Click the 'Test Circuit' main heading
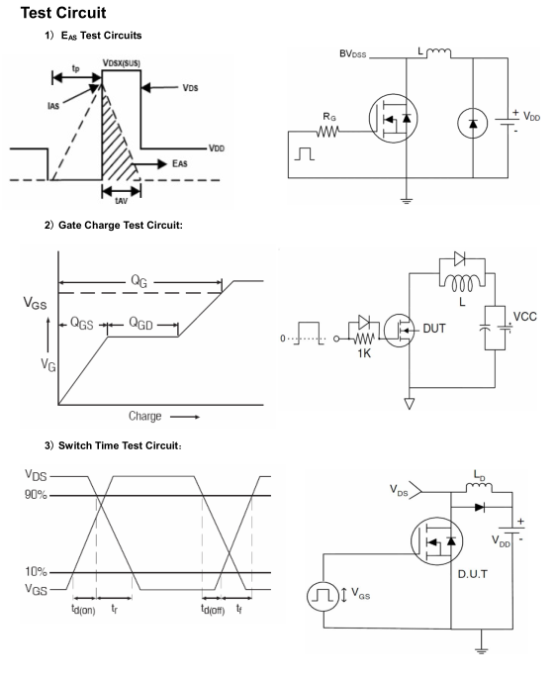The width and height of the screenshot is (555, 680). tap(63, 13)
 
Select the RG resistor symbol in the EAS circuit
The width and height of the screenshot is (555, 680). tap(327, 131)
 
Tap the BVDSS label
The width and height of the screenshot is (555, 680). tap(353, 54)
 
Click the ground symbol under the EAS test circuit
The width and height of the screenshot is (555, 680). tap(407, 200)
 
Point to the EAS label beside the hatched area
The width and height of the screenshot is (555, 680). tap(180, 163)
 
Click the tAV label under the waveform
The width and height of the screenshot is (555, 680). tap(121, 201)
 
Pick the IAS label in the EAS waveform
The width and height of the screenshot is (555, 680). tap(52, 105)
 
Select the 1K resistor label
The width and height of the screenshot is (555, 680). tap(364, 353)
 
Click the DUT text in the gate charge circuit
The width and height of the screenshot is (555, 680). tap(434, 329)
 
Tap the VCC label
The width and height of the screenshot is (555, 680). tap(525, 316)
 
